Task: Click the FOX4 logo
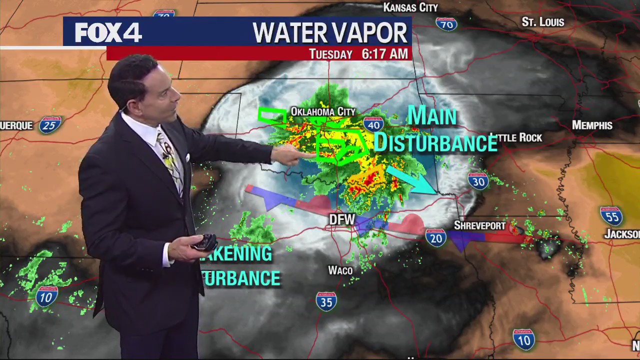pos(108,32)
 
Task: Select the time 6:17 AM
pos(384,54)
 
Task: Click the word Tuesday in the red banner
pos(330,54)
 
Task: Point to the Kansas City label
pos(410,7)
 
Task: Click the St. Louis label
pos(542,22)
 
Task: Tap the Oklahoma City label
pos(323,111)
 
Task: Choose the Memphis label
pos(592,125)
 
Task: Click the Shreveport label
pos(479,225)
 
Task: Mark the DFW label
pos(342,219)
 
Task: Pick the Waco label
pos(340,270)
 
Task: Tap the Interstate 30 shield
pos(478,181)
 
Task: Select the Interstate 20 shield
pos(436,237)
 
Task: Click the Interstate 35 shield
pos(326,301)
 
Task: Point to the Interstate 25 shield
pos(49,124)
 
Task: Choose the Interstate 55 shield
pos(611,215)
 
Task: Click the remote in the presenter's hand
pos(205,242)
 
